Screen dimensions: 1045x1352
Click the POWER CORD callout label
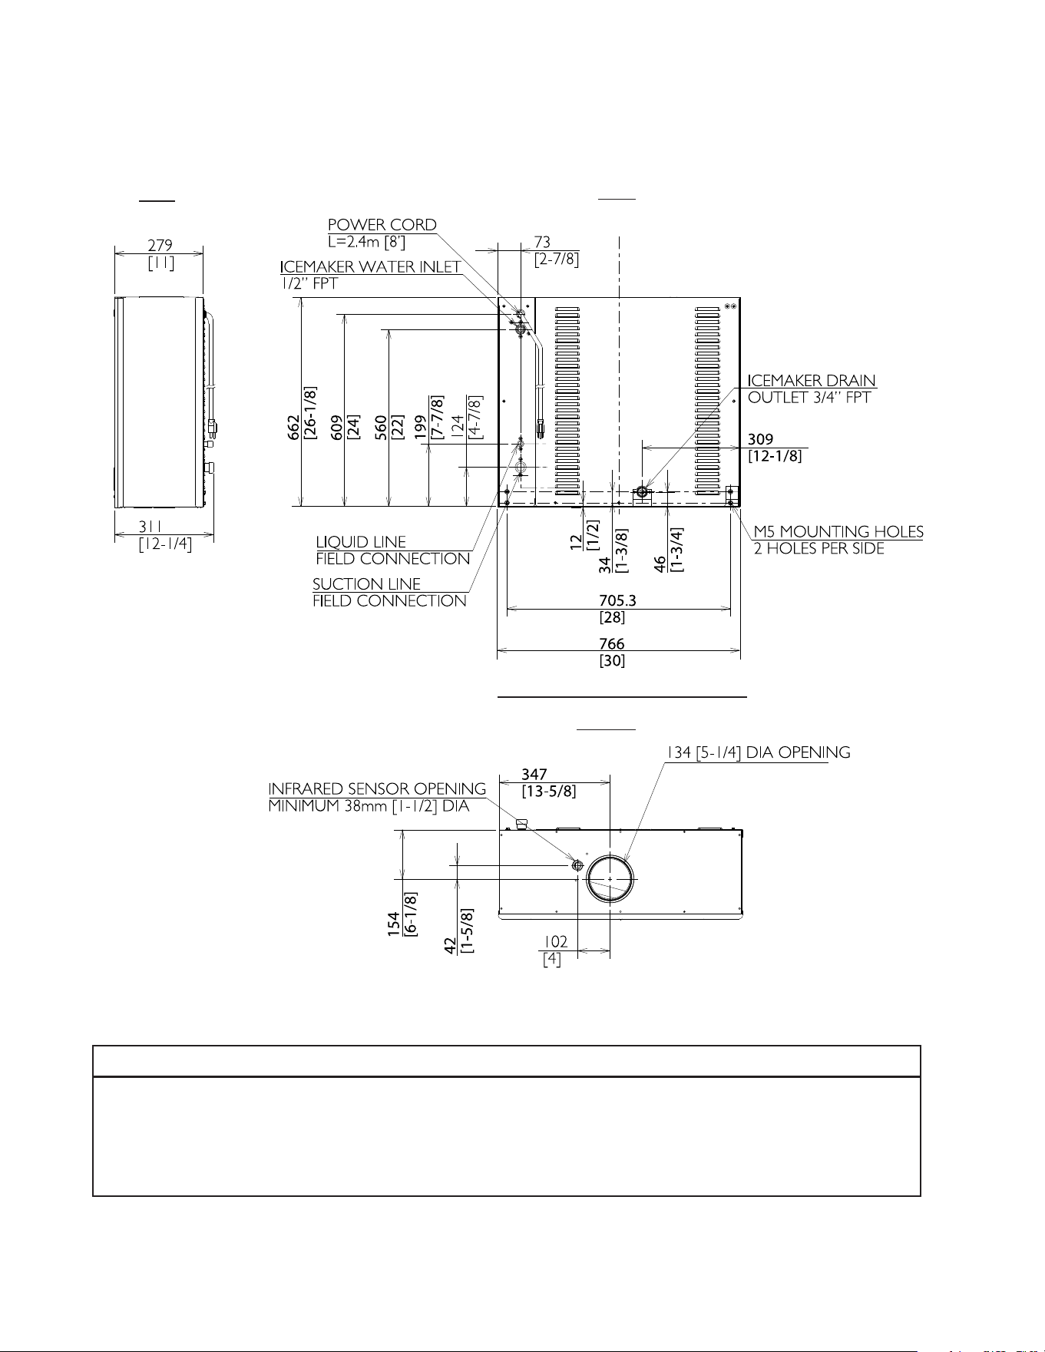point(382,225)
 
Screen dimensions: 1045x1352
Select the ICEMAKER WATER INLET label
point(371,266)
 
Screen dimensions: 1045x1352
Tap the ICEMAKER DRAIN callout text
point(812,381)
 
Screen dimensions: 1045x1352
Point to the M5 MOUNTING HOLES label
point(838,531)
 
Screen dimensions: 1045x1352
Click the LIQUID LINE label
point(361,542)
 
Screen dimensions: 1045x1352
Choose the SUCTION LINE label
point(367,583)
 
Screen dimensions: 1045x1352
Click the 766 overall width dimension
point(612,643)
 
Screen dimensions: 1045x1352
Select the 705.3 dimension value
point(618,600)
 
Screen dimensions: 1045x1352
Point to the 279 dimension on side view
point(160,246)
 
